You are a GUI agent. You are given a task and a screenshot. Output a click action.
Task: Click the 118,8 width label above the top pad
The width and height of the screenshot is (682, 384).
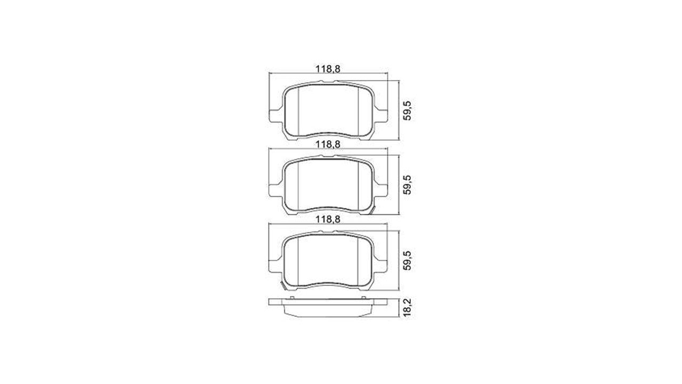click(328, 69)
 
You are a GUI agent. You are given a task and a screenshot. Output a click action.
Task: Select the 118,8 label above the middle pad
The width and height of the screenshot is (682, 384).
click(328, 144)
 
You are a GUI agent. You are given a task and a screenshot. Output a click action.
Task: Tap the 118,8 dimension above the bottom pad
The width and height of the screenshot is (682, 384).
click(328, 219)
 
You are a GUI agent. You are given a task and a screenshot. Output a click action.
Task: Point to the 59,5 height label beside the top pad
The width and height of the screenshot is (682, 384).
click(407, 110)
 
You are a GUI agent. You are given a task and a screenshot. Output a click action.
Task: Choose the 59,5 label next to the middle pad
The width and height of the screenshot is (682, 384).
click(407, 185)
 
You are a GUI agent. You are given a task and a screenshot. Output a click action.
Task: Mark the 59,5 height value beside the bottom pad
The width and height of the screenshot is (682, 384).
click(407, 260)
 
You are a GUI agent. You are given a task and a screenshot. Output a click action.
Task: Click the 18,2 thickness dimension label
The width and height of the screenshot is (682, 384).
click(407, 308)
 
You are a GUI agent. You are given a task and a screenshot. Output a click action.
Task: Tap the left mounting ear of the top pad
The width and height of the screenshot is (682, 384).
click(275, 116)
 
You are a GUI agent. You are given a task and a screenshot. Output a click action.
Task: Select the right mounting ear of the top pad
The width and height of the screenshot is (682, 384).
click(381, 116)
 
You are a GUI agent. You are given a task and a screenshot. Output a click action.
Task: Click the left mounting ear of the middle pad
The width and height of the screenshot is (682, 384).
click(275, 190)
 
